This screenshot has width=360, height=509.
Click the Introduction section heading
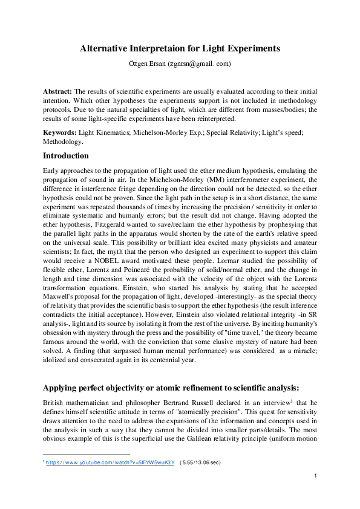68,155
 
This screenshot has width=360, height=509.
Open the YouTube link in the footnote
111,462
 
